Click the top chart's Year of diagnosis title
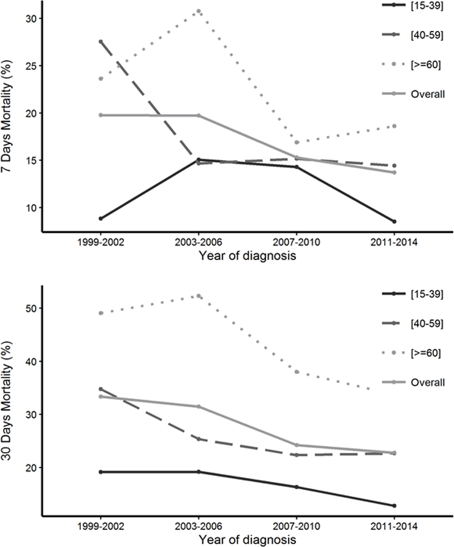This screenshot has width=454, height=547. point(247,256)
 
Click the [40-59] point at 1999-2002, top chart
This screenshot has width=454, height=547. point(101,41)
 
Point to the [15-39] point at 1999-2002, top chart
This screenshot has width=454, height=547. point(101,218)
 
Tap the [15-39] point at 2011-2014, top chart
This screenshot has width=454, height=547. point(394,221)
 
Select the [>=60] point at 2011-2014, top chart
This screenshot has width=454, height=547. point(394,126)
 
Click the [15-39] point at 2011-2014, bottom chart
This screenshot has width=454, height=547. point(394,506)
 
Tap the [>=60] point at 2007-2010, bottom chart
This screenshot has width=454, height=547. point(297,371)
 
